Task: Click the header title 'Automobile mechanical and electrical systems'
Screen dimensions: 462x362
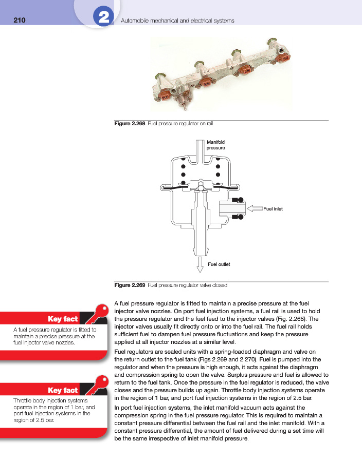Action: point(177,21)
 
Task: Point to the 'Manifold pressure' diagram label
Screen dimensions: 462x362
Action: point(216,145)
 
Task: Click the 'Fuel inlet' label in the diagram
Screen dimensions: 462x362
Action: point(273,209)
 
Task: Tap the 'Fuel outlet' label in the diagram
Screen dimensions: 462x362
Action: point(219,264)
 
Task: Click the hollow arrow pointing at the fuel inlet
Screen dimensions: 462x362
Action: point(254,208)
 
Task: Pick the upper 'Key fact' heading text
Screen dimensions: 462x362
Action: point(62,319)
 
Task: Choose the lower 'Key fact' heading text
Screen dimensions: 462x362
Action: point(62,390)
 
